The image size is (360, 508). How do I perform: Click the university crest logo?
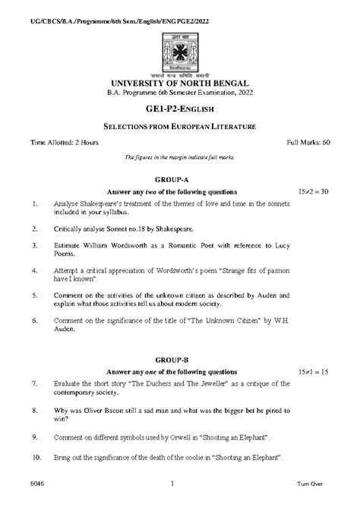pyautogui.click(x=180, y=45)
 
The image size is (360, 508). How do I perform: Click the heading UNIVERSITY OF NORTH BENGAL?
pyautogui.click(x=180, y=82)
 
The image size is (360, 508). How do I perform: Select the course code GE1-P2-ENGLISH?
pyautogui.click(x=180, y=109)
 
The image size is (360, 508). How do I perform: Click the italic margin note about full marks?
pyautogui.click(x=180, y=156)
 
